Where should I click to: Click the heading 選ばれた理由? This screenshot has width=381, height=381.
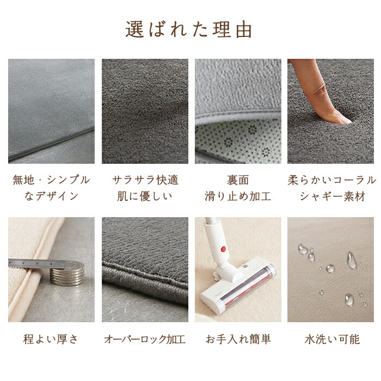pos(188,30)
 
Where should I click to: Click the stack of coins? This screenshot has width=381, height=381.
pos(67,273)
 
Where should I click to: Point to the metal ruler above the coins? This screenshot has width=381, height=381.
pos(36,264)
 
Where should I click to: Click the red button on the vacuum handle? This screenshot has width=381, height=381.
pos(223,249)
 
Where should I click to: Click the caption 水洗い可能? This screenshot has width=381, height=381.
pos(332,339)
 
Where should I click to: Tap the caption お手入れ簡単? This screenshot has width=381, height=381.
pos(238,339)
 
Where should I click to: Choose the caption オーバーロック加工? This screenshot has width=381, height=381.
pos(145,339)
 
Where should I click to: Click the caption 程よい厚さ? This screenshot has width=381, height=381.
pos(51,339)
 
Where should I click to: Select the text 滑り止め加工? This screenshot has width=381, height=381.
pos(238,196)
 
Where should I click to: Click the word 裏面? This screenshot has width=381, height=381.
pos(238,180)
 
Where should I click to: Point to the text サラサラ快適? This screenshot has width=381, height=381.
pos(145,180)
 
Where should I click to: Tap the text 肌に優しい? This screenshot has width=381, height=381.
pos(145,196)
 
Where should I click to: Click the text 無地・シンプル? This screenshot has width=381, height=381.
pos(51,180)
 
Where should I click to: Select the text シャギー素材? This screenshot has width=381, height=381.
pos(333,196)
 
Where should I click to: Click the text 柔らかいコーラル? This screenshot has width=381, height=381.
pos(332,180)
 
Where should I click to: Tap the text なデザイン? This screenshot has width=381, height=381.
pos(51,196)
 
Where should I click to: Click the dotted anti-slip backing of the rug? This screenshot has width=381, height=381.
pos(238,141)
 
